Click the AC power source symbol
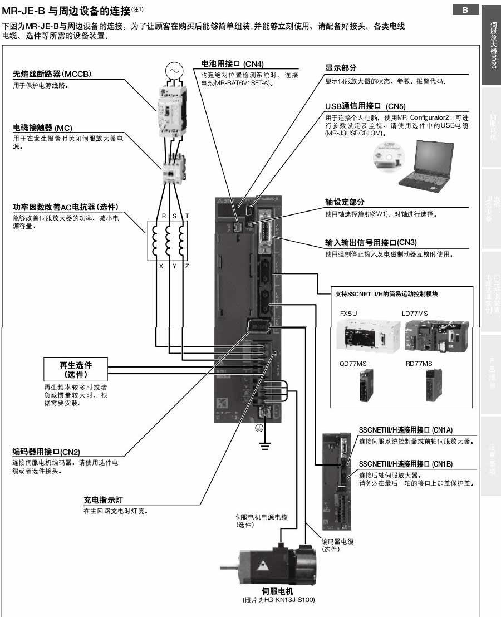174,71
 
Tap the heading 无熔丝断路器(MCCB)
52,74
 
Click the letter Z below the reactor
187,267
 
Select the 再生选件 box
76,369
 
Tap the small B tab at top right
466,9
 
